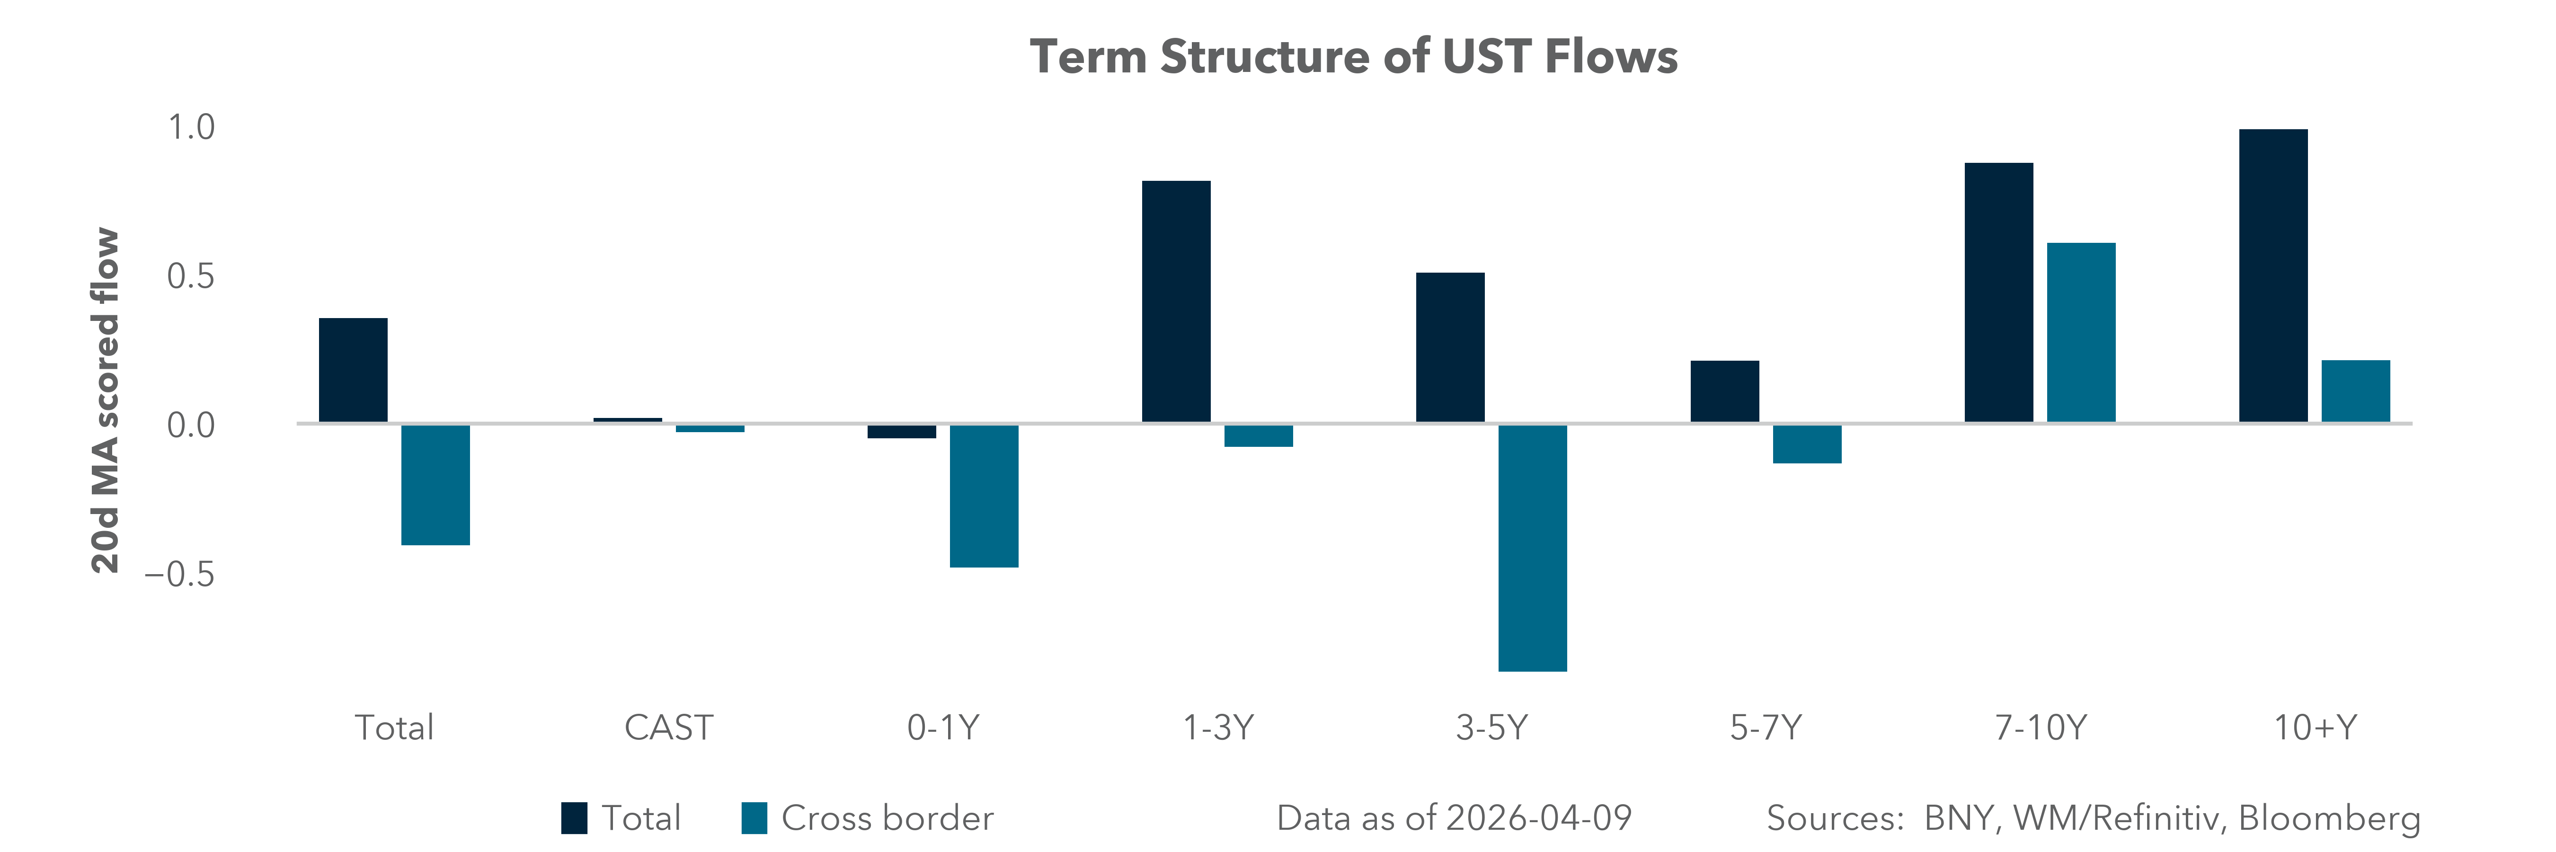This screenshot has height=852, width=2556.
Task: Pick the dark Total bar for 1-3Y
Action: (x=1176, y=302)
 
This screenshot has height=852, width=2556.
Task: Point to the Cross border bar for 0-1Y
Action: (x=983, y=496)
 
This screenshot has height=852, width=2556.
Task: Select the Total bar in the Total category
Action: (x=353, y=371)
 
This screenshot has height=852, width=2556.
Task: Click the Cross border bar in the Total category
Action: (x=435, y=484)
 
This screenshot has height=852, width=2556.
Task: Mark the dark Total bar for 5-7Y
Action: (x=1724, y=392)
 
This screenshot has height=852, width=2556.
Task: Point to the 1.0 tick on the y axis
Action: (x=190, y=128)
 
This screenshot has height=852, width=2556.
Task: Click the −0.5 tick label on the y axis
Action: (x=179, y=574)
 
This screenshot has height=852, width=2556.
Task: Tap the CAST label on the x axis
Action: (x=668, y=728)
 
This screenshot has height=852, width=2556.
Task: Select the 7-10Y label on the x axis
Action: (x=2040, y=728)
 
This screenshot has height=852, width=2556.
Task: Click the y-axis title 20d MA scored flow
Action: (x=105, y=401)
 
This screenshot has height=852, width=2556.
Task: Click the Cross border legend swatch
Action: (x=754, y=818)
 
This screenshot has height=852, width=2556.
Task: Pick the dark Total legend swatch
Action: (x=574, y=818)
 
